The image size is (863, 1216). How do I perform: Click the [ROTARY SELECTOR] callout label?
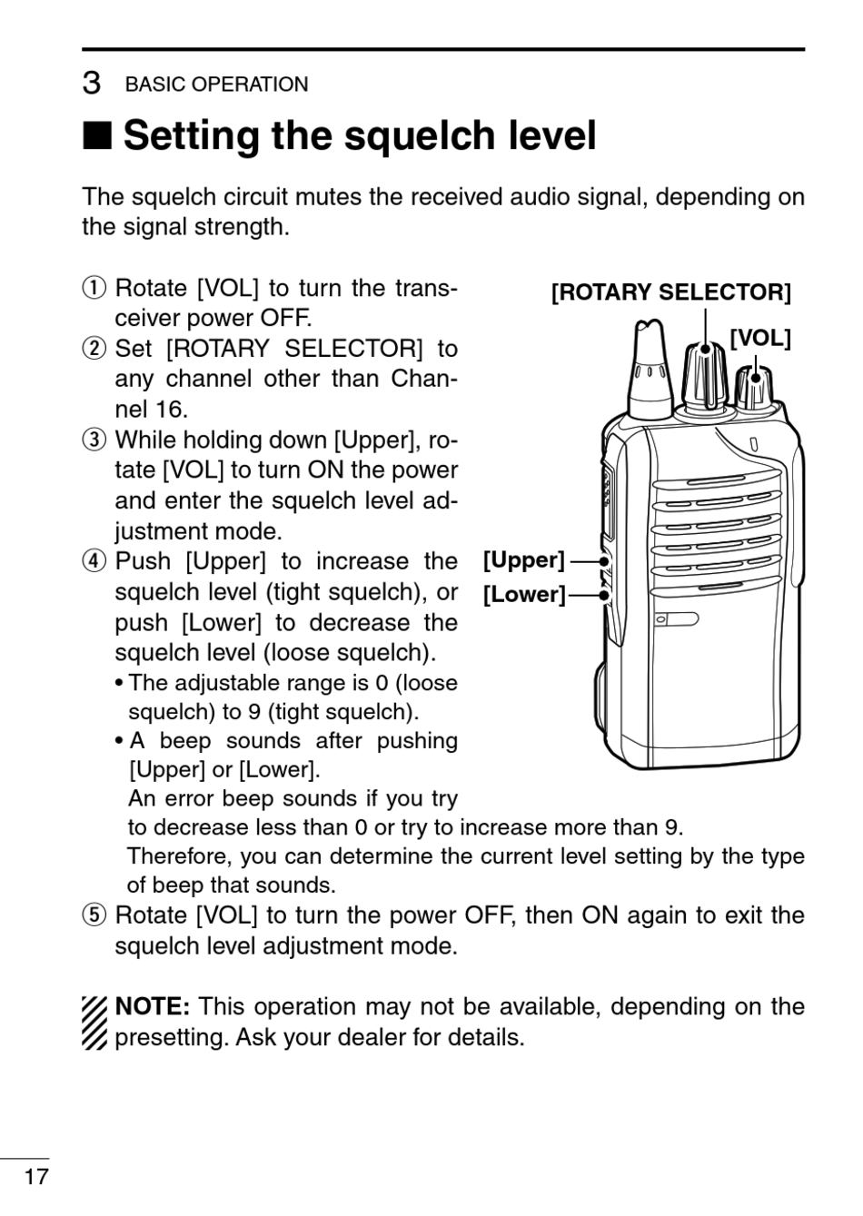(671, 292)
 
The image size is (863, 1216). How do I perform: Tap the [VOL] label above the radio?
(760, 338)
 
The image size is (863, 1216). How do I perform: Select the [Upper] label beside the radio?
(523, 560)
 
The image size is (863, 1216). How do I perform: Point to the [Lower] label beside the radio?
(523, 595)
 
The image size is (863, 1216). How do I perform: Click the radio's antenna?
(650, 368)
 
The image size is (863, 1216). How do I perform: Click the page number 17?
(35, 1177)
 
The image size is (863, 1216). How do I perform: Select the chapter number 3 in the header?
(91, 84)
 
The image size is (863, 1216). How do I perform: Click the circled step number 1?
(92, 289)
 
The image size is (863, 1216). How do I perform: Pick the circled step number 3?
(92, 440)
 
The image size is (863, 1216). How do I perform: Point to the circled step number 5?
(92, 915)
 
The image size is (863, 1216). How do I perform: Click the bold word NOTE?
(152, 1006)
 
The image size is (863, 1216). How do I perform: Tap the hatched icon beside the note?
(94, 1023)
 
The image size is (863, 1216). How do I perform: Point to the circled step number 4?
(92, 562)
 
